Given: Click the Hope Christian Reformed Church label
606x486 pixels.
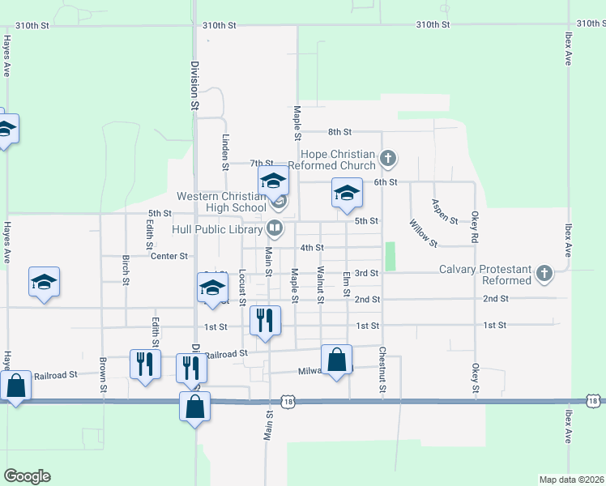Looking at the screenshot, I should (x=338, y=160).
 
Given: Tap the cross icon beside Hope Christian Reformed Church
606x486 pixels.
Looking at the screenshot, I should (x=388, y=158).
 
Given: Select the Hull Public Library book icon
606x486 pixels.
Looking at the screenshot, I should (x=275, y=228).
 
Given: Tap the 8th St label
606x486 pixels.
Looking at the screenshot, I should (x=339, y=131).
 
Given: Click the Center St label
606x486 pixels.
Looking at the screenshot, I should (x=169, y=256).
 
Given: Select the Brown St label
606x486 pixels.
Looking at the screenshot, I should (x=104, y=375).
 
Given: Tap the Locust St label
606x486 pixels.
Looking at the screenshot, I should (x=242, y=287).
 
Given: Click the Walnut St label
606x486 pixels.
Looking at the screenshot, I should (x=321, y=285).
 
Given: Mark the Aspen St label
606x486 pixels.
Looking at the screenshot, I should (x=445, y=211).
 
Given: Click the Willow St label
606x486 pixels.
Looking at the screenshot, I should (x=423, y=232).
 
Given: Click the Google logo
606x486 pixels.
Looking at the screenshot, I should (x=27, y=476).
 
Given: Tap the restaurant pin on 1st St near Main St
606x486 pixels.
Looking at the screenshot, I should (x=265, y=321).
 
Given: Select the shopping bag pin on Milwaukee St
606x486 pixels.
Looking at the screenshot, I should (x=336, y=360).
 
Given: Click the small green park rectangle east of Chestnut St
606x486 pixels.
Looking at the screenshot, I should (x=390, y=257).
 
